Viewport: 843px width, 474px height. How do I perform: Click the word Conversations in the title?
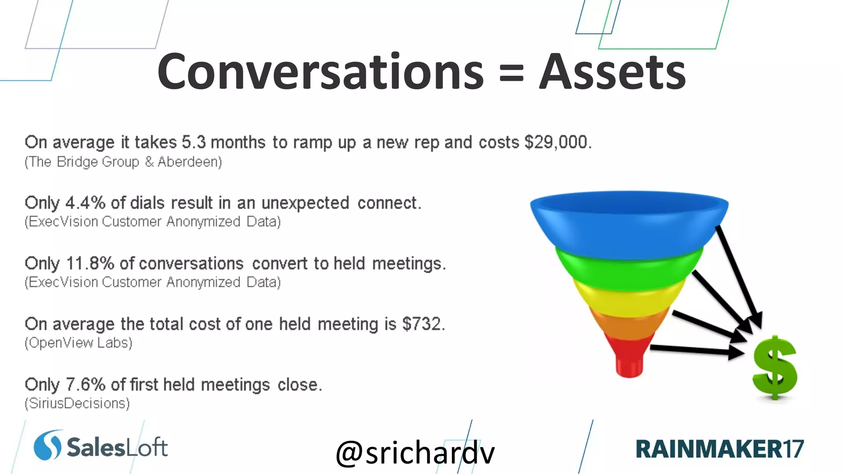(x=320, y=72)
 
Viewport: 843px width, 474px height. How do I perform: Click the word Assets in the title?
(x=612, y=72)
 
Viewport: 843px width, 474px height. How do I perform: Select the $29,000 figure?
(x=557, y=142)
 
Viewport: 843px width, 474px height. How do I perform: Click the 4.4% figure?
(x=85, y=203)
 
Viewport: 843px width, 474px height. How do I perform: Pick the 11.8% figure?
(x=90, y=263)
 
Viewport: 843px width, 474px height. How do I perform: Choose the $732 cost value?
(x=423, y=324)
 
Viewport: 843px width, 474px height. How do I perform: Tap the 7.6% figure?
(x=85, y=384)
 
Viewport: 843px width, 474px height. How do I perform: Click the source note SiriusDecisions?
(x=77, y=403)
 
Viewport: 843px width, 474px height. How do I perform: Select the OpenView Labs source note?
(x=78, y=343)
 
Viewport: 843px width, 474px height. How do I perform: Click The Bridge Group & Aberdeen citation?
(x=123, y=162)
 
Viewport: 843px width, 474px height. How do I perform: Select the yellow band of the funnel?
(x=629, y=302)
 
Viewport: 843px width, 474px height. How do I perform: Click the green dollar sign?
(x=774, y=367)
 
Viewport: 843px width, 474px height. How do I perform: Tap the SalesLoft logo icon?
(x=47, y=446)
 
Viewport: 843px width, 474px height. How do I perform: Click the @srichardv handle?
(x=415, y=453)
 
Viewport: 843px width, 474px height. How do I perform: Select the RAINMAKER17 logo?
(x=719, y=448)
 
